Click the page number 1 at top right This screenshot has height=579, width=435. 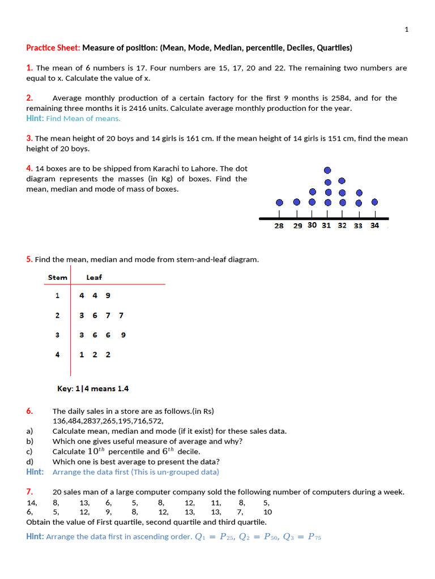tap(407, 29)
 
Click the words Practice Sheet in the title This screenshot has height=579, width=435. tap(53, 48)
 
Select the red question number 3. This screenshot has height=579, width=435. tap(29, 138)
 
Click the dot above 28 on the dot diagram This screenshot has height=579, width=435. tap(279, 202)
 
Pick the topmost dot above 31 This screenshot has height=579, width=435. tap(327, 170)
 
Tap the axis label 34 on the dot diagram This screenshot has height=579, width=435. tap(374, 226)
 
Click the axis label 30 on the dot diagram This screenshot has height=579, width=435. tap(312, 225)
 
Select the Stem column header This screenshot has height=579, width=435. tap(57, 277)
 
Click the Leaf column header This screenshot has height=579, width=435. tap(94, 277)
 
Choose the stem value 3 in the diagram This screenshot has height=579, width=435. tap(57, 335)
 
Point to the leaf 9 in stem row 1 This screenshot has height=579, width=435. tap(108, 295)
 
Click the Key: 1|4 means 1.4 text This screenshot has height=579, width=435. tap(93, 388)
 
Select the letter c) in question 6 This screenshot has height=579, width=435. tap(29, 451)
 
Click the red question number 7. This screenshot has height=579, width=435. tap(29, 491)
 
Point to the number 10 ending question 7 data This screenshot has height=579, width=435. tap(268, 512)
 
